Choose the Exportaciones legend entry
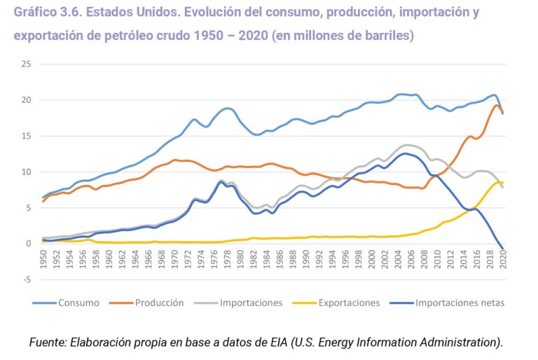[348, 303]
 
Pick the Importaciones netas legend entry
[459, 303]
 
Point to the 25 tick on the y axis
[26, 64]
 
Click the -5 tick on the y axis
[26, 279]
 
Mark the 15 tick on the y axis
[26, 136]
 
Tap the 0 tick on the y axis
[29, 244]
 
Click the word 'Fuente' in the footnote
[50, 342]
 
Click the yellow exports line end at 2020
[502, 183]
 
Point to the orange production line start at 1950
[43, 201]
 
